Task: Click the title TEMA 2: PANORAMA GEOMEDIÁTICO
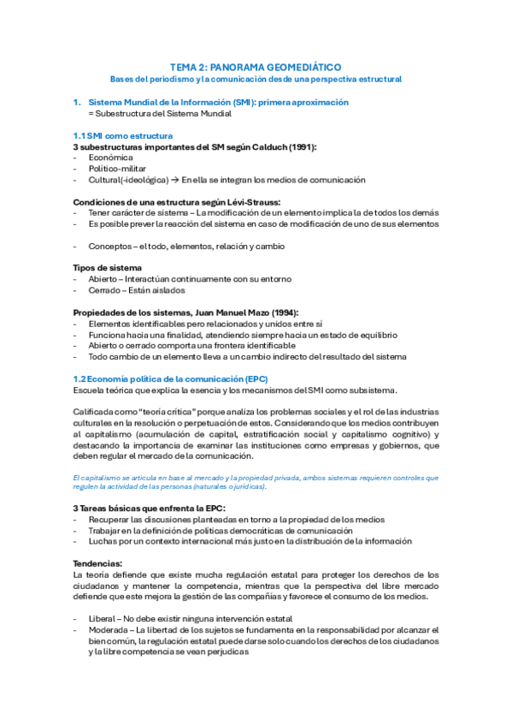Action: click(256, 66)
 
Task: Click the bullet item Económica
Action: click(110, 158)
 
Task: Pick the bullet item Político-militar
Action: click(118, 169)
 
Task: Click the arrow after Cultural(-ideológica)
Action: click(174, 180)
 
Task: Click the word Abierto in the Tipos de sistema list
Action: click(104, 279)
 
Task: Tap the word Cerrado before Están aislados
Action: click(105, 290)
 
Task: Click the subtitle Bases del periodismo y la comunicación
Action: click(256, 79)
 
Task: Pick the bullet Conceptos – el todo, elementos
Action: click(179, 247)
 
